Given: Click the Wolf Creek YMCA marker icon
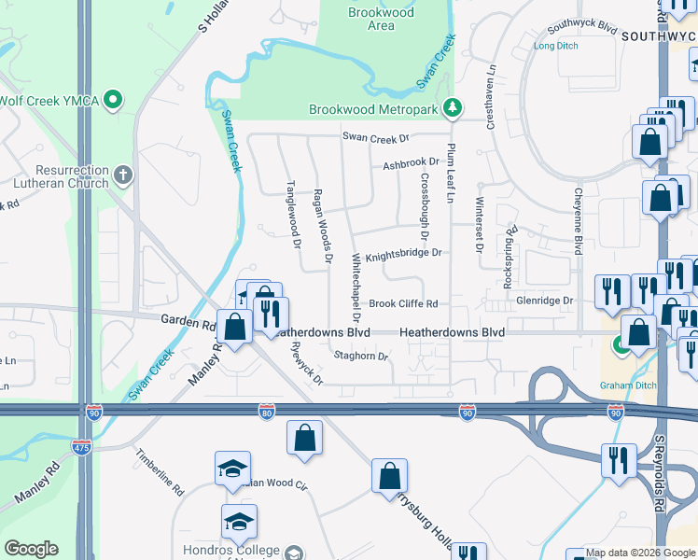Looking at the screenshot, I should click(114, 97).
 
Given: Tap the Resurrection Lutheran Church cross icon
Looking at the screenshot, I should click(123, 175).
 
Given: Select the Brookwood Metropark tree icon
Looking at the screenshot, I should click(453, 108).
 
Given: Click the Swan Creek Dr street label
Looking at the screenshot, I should click(376, 138).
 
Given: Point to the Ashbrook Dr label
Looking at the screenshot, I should click(410, 166).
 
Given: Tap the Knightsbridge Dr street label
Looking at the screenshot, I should click(402, 254).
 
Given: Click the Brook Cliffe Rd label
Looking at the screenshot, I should click(403, 303).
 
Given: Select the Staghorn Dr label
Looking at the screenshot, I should click(360, 356).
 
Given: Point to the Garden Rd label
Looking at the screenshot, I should click(188, 323).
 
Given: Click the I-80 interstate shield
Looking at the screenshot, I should click(267, 413).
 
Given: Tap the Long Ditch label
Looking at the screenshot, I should click(555, 46).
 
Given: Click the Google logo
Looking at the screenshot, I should click(31, 549).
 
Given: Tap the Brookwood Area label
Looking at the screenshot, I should click(371, 19).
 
